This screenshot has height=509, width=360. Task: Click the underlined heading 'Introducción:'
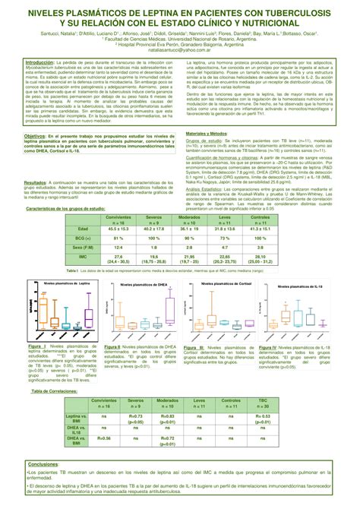coord(44,63)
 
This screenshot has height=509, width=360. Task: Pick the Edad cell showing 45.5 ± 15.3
coord(118,229)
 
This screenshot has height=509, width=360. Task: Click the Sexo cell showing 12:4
coord(118,248)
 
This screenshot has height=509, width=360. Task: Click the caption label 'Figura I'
coord(37,346)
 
